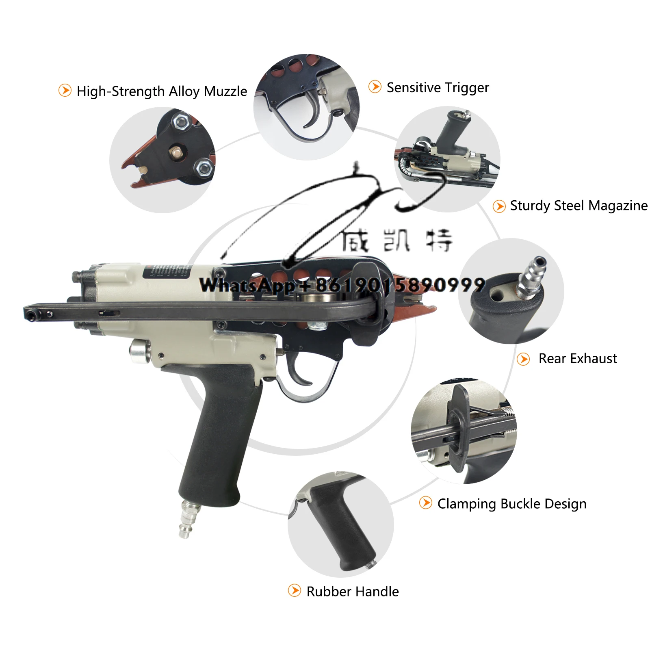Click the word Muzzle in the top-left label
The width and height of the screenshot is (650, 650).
point(225,91)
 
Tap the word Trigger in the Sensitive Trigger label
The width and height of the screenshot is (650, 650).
point(467,88)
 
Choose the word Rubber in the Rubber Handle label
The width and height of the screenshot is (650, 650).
point(329,591)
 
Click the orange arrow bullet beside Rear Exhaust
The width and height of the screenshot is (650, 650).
point(523,359)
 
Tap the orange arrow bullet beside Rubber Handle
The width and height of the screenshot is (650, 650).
point(294,591)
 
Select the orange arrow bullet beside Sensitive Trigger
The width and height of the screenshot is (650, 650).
point(375,87)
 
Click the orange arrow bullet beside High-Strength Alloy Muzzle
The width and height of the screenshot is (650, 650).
point(65,90)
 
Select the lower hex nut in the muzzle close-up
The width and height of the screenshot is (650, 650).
point(203,167)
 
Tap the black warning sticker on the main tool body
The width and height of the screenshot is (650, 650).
point(167,271)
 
